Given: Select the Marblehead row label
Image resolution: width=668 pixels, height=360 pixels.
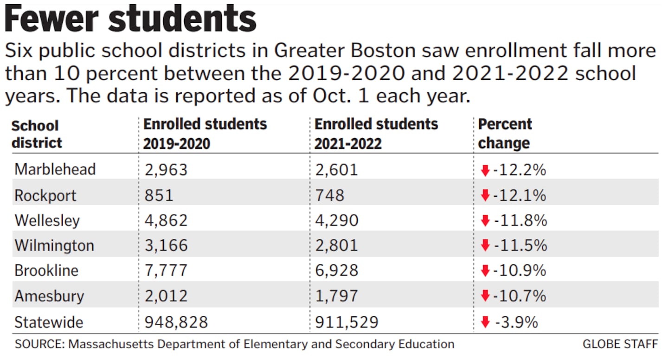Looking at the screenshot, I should click(x=55, y=169).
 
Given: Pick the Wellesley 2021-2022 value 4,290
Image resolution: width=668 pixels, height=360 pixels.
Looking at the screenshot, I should click(x=336, y=220).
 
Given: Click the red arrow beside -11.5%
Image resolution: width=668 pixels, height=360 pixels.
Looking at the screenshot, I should click(x=485, y=245).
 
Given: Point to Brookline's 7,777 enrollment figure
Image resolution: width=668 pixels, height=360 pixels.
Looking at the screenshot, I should click(x=166, y=270).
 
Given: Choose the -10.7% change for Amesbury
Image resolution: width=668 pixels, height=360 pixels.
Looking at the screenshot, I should click(x=520, y=296).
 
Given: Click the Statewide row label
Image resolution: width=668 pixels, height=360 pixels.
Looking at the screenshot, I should click(x=49, y=322).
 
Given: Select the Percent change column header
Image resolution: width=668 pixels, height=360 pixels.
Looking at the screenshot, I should click(x=505, y=134).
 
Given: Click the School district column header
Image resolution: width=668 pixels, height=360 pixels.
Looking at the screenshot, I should click(x=37, y=134).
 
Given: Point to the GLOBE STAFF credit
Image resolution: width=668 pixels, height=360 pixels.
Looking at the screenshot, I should click(x=620, y=344).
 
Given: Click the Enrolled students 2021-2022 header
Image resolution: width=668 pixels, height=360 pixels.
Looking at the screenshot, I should click(x=376, y=134).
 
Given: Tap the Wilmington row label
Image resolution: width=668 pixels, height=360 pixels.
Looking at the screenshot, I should click(x=54, y=245).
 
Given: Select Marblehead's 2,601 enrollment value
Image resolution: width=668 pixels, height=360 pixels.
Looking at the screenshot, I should click(x=336, y=170).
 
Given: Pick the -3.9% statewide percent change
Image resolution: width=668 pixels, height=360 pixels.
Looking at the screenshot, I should click(x=515, y=322).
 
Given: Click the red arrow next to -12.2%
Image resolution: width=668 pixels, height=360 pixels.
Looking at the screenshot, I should click(x=485, y=171).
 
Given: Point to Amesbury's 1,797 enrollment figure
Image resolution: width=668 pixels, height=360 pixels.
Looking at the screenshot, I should click(x=336, y=296).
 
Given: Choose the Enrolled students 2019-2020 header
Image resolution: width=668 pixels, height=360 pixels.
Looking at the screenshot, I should click(x=205, y=134).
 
